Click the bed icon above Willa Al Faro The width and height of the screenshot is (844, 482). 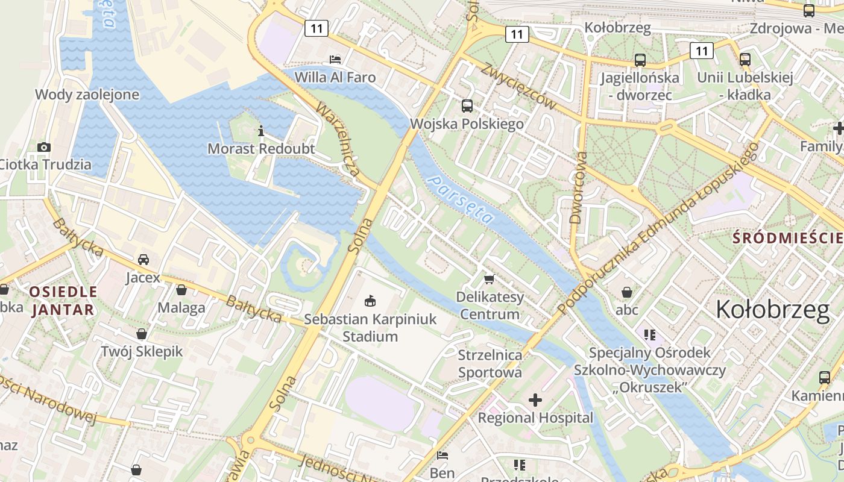[x=335, y=59]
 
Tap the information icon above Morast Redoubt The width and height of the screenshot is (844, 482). [x=261, y=130]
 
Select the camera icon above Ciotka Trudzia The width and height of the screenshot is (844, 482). [x=43, y=147]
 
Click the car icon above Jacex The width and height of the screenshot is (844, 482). [x=143, y=260]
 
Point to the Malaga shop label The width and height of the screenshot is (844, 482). [x=181, y=308]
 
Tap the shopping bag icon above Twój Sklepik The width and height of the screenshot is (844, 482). [x=142, y=334]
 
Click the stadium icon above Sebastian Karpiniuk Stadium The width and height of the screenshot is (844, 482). [x=370, y=301]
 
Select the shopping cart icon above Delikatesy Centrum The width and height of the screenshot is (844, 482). [x=489, y=279]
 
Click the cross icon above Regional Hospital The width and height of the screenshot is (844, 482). [x=535, y=399]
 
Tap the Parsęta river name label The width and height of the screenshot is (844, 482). [x=459, y=199]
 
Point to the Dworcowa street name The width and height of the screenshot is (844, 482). [x=577, y=187]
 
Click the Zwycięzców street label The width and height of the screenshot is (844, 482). [x=518, y=86]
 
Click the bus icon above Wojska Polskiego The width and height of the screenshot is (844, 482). [x=467, y=106]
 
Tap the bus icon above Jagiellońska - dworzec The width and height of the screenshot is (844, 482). [x=640, y=60]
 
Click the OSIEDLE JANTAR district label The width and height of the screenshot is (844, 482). [x=63, y=301]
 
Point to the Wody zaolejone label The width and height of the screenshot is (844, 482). [x=87, y=95]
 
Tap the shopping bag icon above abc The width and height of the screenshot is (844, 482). [x=627, y=292]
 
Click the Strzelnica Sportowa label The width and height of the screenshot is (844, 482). [x=490, y=363]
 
